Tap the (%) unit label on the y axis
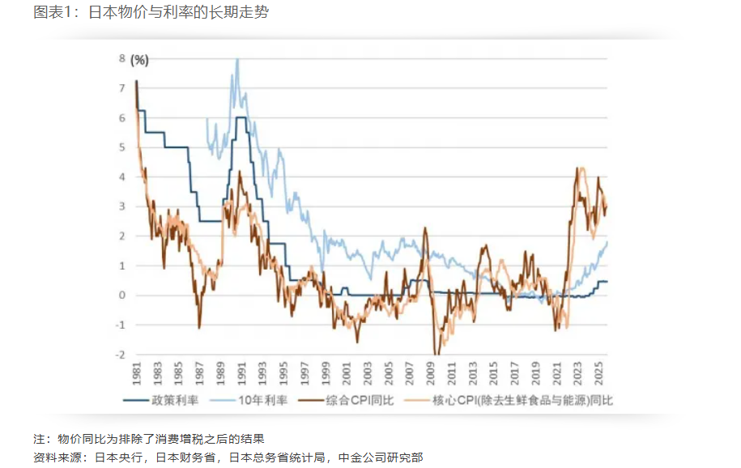click(139, 59)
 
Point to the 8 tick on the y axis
click(121, 59)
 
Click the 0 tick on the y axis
click(121, 296)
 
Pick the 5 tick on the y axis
click(121, 147)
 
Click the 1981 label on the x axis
click(136, 375)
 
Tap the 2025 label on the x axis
click(598, 375)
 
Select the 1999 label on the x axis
click(325, 375)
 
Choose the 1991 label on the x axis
click(241, 375)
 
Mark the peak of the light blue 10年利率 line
click(237, 59)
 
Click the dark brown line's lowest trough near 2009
click(437, 354)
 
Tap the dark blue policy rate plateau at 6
click(241, 118)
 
